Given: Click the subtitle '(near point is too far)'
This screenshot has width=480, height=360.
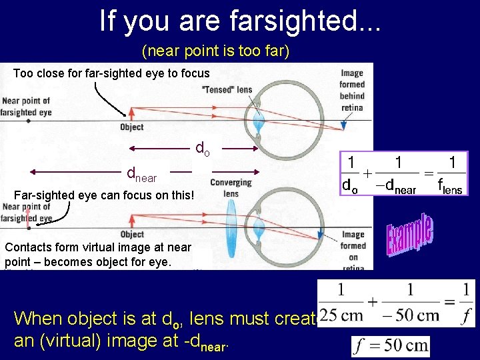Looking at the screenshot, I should [x=215, y=51].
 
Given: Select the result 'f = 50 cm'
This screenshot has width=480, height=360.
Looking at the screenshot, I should [x=391, y=347].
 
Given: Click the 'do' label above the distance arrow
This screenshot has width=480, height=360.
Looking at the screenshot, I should [x=202, y=147].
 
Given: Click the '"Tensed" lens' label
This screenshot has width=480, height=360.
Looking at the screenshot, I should [x=227, y=89].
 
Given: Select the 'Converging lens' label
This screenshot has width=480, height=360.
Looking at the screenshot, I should [x=231, y=188].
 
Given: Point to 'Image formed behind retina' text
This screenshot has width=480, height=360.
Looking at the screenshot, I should [x=352, y=90].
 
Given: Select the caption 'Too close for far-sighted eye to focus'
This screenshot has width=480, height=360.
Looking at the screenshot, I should [x=111, y=73].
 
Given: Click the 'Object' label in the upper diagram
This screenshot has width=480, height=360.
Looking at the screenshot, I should [x=131, y=127].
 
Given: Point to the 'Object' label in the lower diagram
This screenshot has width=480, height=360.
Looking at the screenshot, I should [x=131, y=234].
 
